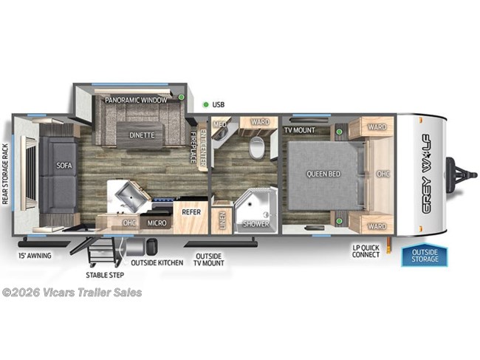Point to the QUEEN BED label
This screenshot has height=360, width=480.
tap(323, 174)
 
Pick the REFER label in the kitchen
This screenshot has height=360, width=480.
tap(191, 211)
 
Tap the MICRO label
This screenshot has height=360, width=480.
tap(155, 222)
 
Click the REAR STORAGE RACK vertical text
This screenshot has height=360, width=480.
tap(6, 174)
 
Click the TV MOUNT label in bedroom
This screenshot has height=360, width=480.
tap(300, 130)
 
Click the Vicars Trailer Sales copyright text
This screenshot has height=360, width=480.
tap(72, 292)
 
